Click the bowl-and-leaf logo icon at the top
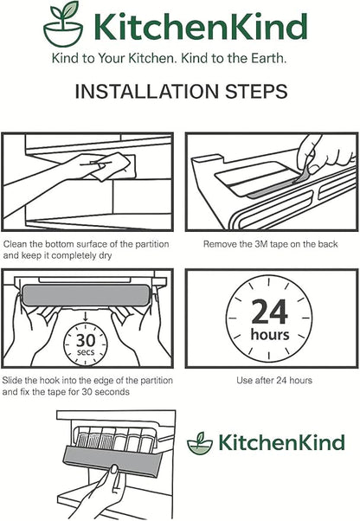click(x=63, y=24)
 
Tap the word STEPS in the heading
click(x=256, y=92)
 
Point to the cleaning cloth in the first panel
click(x=112, y=167)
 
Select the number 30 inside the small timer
click(x=86, y=340)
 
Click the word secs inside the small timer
click(x=86, y=352)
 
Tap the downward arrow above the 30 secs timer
click(x=86, y=316)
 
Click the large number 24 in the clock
click(x=269, y=312)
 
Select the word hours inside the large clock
click(x=270, y=334)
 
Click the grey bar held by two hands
click(x=86, y=295)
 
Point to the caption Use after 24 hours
click(x=274, y=380)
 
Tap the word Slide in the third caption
click(x=12, y=380)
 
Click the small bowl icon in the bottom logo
click(x=200, y=443)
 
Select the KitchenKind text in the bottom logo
click(x=281, y=442)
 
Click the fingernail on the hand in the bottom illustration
click(x=114, y=469)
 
